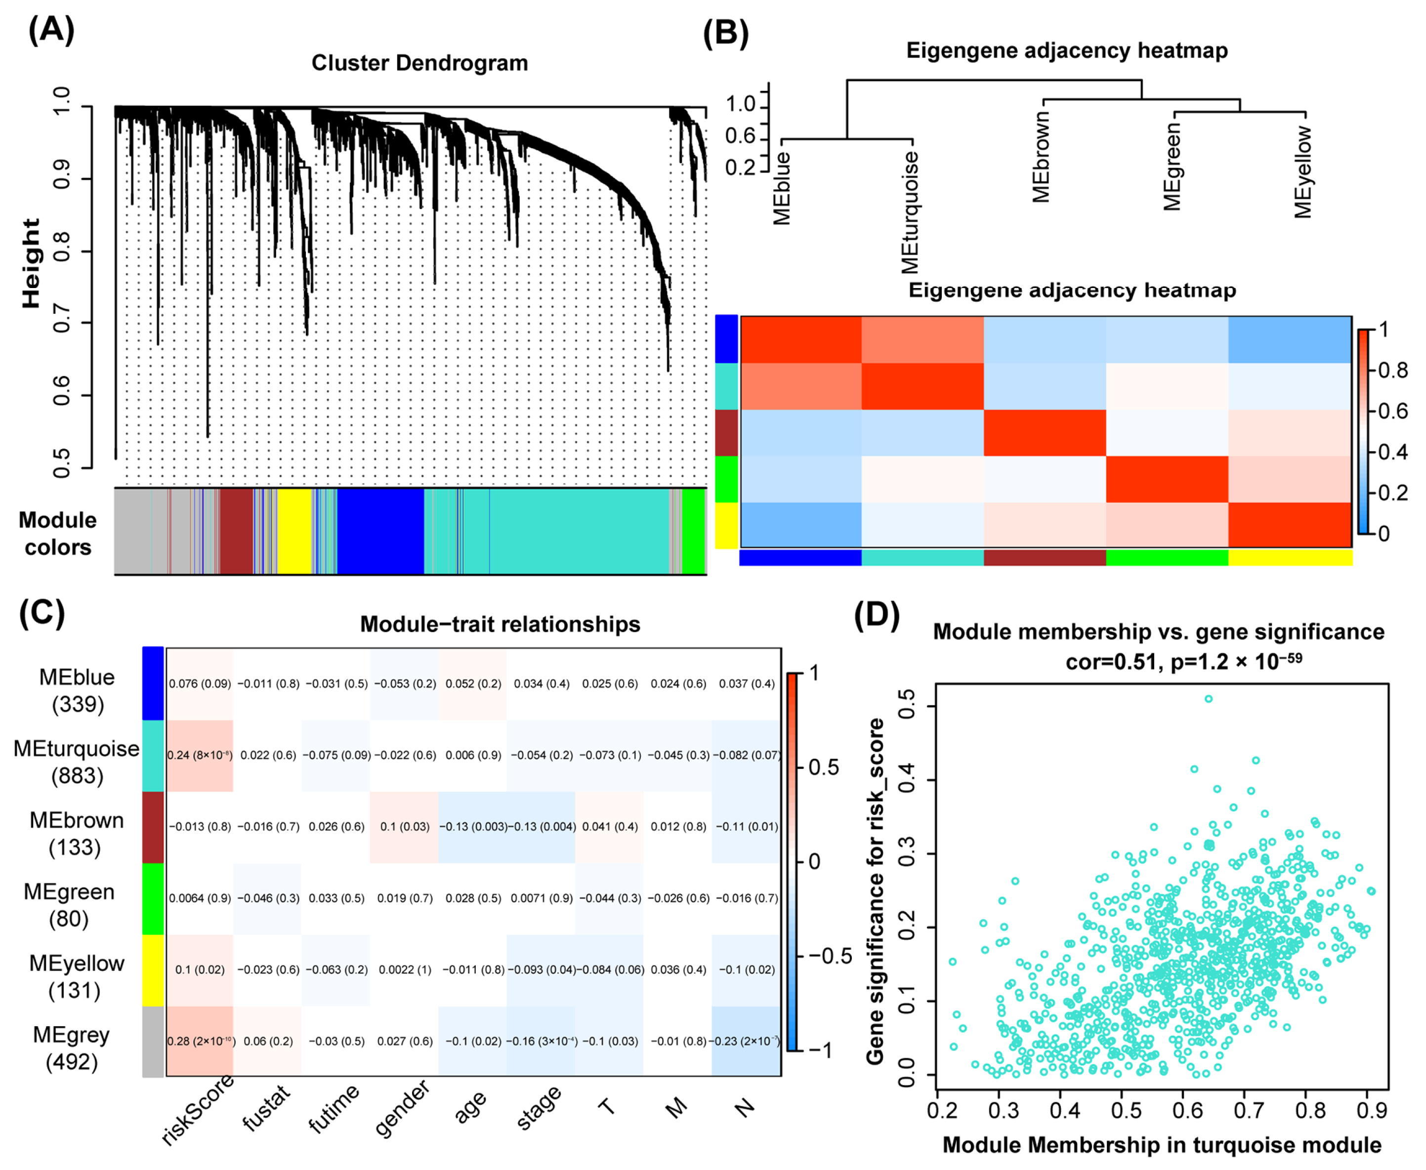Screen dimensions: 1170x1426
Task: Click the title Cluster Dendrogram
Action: pos(419,63)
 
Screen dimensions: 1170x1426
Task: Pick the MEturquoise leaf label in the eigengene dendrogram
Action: pos(911,211)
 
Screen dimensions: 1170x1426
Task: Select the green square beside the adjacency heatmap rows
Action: pos(726,479)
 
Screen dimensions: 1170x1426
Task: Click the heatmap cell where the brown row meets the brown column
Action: pos(1045,433)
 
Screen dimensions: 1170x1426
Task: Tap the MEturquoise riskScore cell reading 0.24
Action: pos(200,755)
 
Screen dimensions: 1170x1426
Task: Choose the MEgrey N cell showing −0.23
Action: pos(746,1041)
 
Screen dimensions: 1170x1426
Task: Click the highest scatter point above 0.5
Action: pos(1208,699)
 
